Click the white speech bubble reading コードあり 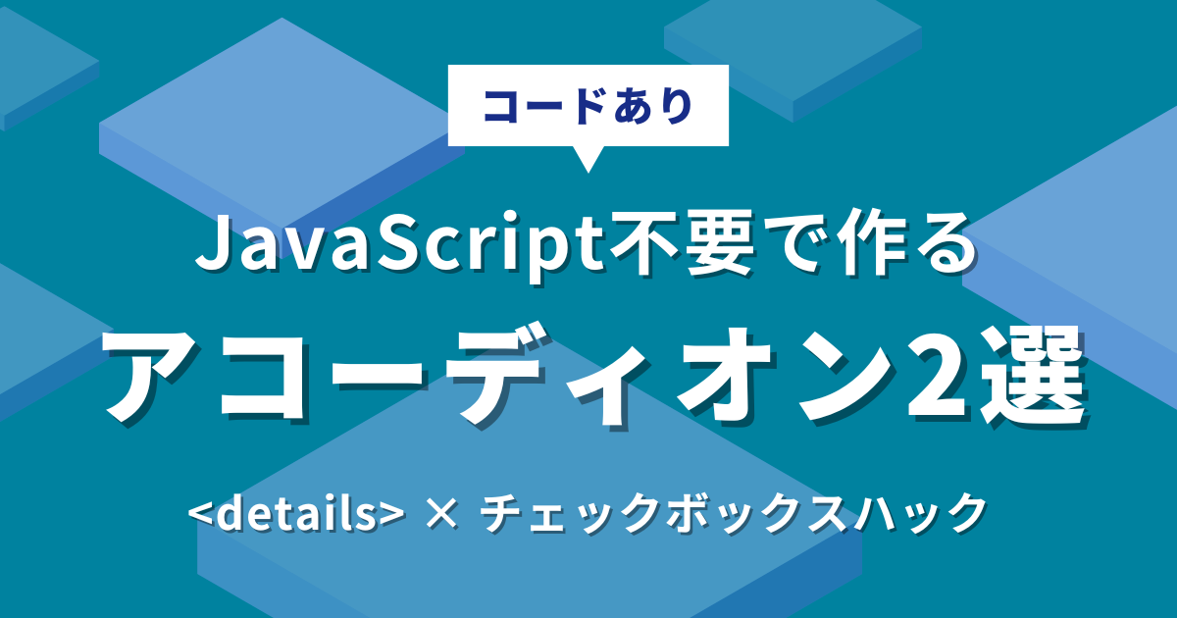pyautogui.click(x=588, y=105)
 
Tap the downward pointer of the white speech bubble pyautogui.click(x=588, y=159)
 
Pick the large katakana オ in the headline pyautogui.click(x=730, y=376)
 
